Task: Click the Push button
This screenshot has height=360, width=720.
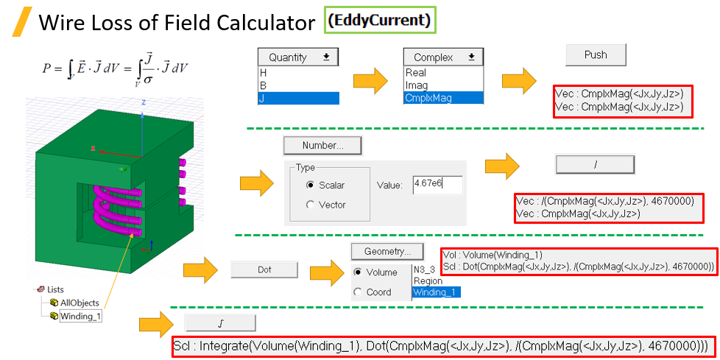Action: click(x=596, y=55)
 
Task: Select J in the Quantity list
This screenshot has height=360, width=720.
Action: click(x=298, y=98)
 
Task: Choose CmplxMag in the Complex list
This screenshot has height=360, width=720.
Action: click(x=444, y=98)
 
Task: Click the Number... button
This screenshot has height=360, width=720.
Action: click(x=322, y=145)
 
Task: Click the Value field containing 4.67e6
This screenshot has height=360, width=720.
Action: click(x=437, y=185)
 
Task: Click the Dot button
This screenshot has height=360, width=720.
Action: click(x=264, y=270)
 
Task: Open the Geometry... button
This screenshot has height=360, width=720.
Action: click(x=387, y=250)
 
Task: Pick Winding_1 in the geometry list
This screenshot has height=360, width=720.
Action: click(x=436, y=292)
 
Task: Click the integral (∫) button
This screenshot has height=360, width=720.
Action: click(x=219, y=323)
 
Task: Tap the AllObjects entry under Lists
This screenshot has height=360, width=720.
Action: click(x=79, y=303)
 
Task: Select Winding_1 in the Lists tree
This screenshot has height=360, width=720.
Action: click(x=80, y=317)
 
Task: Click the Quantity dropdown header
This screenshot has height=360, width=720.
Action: click(x=298, y=57)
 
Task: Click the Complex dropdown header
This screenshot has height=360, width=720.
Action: click(x=444, y=57)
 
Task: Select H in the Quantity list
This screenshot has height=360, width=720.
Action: click(x=298, y=73)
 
